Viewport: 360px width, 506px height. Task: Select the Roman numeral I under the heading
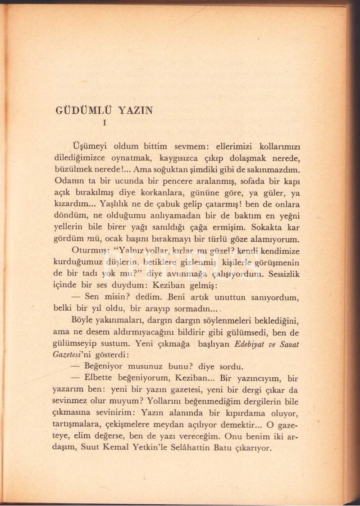click(105, 122)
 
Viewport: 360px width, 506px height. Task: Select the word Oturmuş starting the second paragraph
click(88, 251)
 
